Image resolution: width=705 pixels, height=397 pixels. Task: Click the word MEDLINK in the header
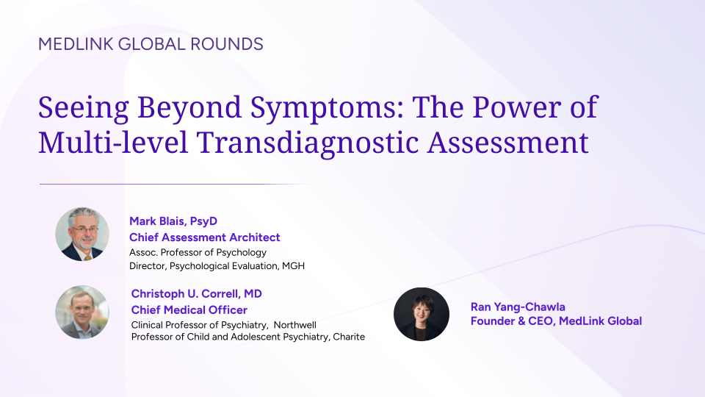[76, 44]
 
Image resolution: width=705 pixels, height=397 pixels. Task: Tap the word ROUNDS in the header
[227, 44]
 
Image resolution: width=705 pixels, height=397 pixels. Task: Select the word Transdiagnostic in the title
[308, 143]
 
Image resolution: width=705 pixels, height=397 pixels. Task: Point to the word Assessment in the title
[507, 143]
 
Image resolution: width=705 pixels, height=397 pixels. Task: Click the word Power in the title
[516, 107]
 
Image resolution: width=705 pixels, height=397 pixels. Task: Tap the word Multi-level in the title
[113, 143]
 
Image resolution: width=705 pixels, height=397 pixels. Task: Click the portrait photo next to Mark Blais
[82, 234]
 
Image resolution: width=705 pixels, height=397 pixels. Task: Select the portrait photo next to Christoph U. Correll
[82, 312]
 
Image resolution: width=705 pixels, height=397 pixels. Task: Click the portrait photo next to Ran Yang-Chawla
[422, 314]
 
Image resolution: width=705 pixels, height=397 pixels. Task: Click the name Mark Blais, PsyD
[173, 221]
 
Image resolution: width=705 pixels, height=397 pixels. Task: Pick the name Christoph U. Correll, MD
[197, 294]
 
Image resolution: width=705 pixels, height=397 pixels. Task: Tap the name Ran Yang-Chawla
[518, 307]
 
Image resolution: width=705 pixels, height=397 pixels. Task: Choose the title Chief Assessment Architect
[205, 237]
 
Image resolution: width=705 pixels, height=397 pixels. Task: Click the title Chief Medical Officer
[189, 310]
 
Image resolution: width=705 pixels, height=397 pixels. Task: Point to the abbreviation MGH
[293, 266]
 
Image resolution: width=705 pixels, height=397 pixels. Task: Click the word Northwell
[295, 325]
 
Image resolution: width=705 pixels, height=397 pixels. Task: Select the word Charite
[349, 337]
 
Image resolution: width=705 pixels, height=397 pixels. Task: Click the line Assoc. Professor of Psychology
[198, 252]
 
